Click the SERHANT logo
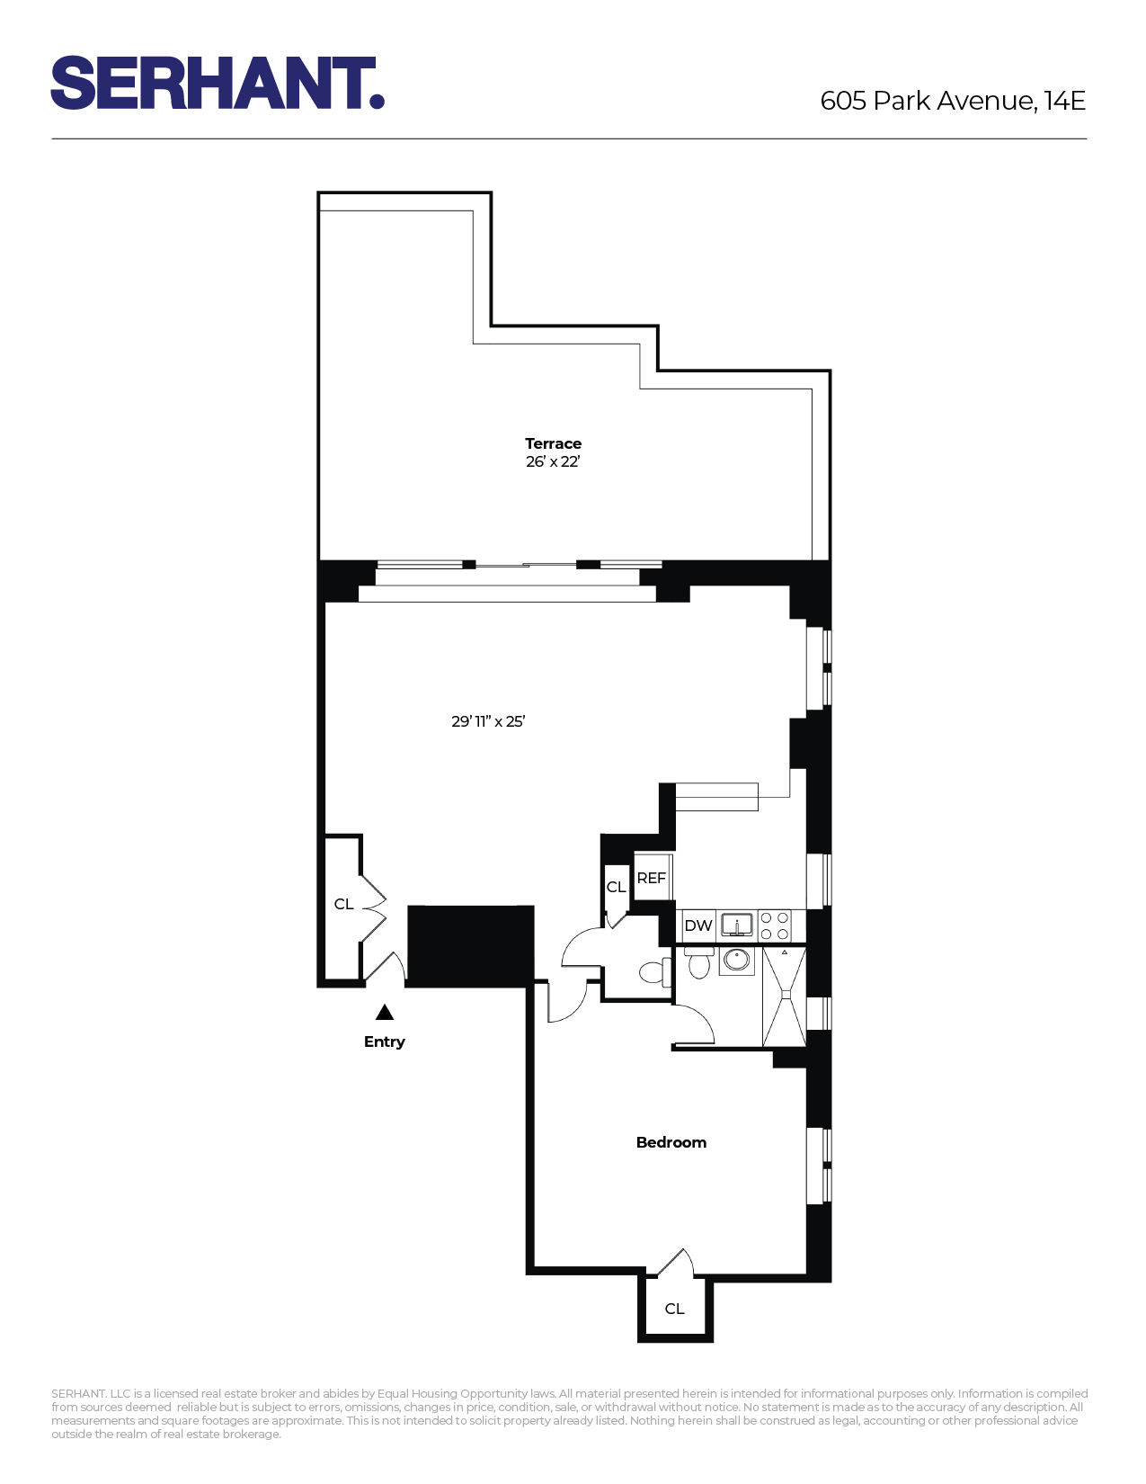click(218, 83)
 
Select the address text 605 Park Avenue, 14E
click(953, 100)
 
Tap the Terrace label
click(553, 443)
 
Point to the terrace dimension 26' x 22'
click(553, 461)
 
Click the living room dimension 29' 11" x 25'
click(488, 721)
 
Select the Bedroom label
click(671, 1142)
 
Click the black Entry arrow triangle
click(385, 1013)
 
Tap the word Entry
click(385, 1041)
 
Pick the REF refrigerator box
click(652, 877)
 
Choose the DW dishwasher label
click(697, 925)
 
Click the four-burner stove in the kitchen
click(775, 925)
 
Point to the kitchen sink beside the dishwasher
click(737, 925)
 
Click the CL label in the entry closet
click(343, 904)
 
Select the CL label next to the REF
click(616, 887)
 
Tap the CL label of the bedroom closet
click(674, 1309)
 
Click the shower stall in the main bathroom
click(784, 997)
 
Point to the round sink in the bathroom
click(737, 960)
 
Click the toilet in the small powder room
click(653, 972)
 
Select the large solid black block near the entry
click(470, 945)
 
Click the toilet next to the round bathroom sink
click(698, 963)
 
